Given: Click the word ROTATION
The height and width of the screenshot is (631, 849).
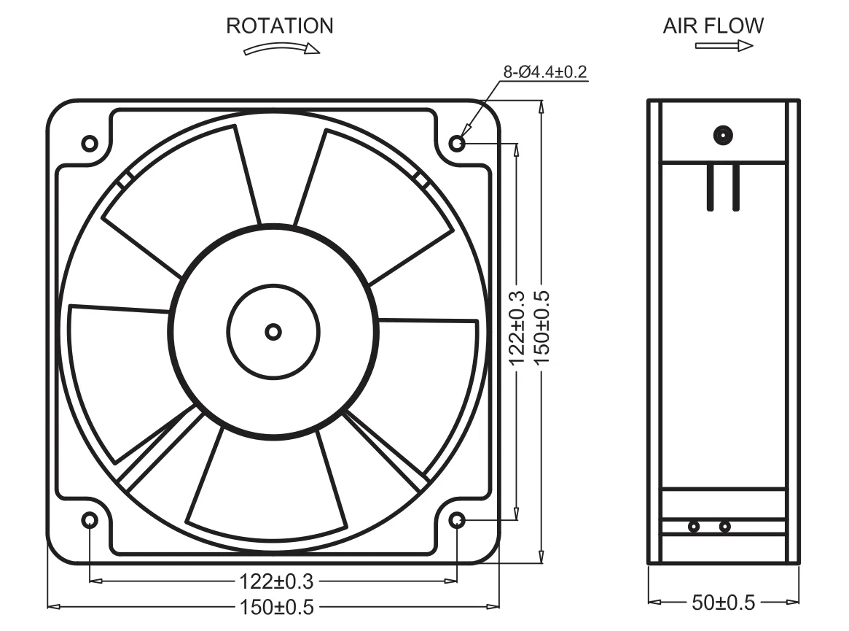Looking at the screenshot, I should (x=279, y=26).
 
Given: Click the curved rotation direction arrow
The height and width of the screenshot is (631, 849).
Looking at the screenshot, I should (x=281, y=49).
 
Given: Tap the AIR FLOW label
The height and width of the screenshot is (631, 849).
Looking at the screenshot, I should (x=713, y=26).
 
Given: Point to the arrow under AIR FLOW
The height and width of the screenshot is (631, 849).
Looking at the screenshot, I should (x=724, y=46).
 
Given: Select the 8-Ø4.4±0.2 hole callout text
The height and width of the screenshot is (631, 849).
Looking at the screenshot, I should (x=545, y=72).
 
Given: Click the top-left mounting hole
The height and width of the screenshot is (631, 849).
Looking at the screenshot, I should (x=90, y=143).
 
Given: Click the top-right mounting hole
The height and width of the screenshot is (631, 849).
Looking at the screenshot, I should (x=457, y=143).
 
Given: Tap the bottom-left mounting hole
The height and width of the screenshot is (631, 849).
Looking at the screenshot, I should (x=90, y=520).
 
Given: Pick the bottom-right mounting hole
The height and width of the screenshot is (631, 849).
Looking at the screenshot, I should (x=457, y=520).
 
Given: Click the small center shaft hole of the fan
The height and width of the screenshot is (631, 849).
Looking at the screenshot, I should (x=273, y=332).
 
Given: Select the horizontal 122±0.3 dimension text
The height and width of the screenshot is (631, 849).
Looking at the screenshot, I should (x=275, y=581).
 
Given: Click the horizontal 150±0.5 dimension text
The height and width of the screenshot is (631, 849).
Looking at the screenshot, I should (x=275, y=606).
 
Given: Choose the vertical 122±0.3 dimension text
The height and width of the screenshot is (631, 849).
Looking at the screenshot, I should (x=517, y=328).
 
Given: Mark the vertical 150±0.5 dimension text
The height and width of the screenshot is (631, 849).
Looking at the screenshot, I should (x=541, y=328).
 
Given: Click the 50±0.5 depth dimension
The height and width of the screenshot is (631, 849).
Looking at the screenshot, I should (x=724, y=603).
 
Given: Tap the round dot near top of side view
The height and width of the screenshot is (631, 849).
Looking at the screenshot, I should (x=724, y=135).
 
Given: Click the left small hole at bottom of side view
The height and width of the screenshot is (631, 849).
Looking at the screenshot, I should (x=693, y=526).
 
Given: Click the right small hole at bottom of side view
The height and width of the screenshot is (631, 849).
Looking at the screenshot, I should (x=724, y=526).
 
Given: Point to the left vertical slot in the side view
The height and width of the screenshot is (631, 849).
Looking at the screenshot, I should (x=710, y=187).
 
